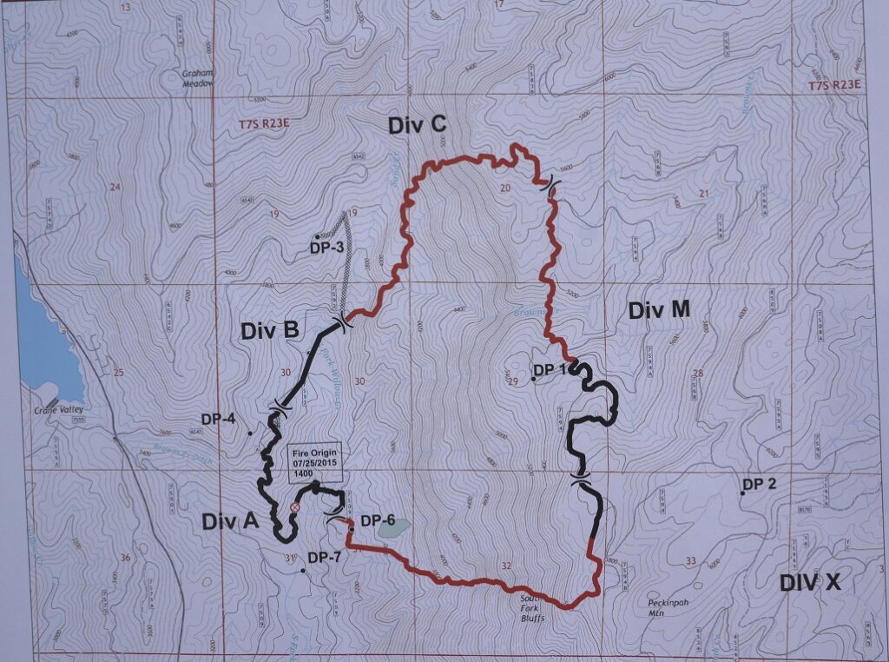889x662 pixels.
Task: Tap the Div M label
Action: click(x=657, y=310)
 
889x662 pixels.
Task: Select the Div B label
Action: click(x=269, y=330)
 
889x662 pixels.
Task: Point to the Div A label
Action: click(x=230, y=521)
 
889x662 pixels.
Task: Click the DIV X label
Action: click(x=809, y=582)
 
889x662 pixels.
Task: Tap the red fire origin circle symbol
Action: click(x=294, y=507)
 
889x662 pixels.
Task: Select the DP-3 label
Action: click(x=326, y=248)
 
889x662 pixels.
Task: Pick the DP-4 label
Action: click(x=218, y=419)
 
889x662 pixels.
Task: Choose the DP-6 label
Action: click(x=377, y=521)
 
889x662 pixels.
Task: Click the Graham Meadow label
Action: click(x=197, y=78)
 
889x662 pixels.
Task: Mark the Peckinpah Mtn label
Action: click(x=667, y=607)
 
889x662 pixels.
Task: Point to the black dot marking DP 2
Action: click(x=742, y=493)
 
